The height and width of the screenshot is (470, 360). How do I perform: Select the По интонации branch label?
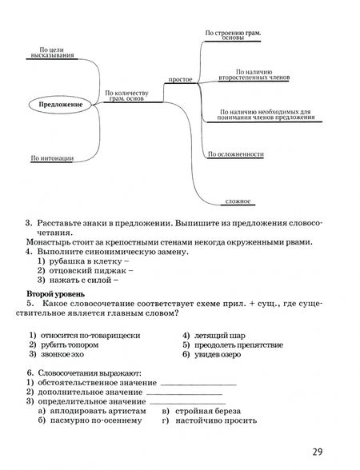[x=52, y=158]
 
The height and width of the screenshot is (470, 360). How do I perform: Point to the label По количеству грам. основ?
[x=129, y=96]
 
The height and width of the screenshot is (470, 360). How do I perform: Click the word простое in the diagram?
[x=181, y=80]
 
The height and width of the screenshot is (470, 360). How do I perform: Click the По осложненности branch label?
[x=235, y=153]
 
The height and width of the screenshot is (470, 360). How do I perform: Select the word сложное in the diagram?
[x=238, y=201]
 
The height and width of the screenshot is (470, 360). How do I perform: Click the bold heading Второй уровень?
[x=54, y=295]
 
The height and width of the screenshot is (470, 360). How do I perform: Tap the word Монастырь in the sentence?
[x=49, y=242]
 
